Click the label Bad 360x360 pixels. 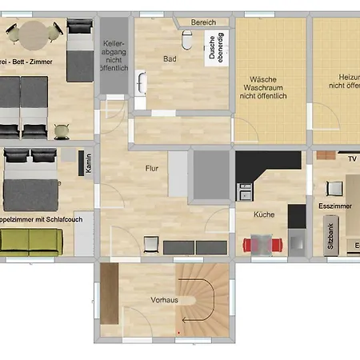[x=170, y=59]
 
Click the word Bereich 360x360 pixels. [x=203, y=22]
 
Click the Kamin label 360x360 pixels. [x=88, y=164]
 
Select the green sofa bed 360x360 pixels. [x=30, y=240]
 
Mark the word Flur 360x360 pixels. [x=152, y=169]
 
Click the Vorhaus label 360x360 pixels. [x=163, y=300]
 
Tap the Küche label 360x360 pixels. [x=264, y=214]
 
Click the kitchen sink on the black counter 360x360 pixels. [x=245, y=191]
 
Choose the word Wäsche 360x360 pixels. [x=263, y=80]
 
